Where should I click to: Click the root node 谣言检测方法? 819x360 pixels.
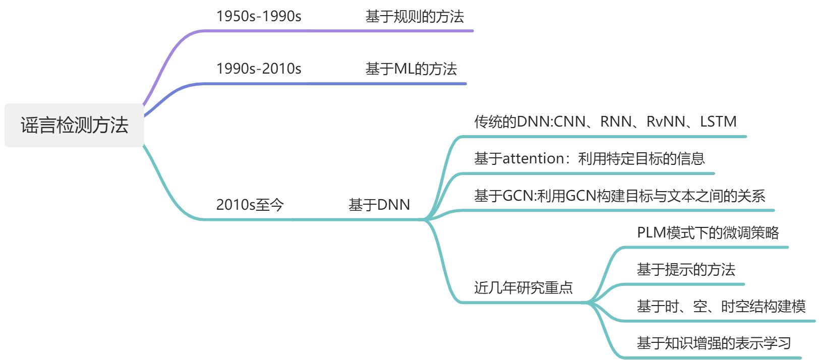click(x=74, y=125)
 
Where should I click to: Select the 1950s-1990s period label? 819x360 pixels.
click(x=259, y=16)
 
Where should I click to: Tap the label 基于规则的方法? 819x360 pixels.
click(x=415, y=17)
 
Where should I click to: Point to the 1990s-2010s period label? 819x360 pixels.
click(x=259, y=69)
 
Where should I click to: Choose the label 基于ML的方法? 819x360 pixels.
click(x=411, y=69)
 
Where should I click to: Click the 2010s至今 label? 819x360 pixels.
click(x=250, y=205)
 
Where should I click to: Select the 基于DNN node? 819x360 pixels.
click(x=379, y=205)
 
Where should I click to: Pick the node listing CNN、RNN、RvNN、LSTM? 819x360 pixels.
click(x=605, y=122)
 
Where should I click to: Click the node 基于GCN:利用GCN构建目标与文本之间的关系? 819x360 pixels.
click(x=619, y=196)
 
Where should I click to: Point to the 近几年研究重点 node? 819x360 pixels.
click(x=523, y=287)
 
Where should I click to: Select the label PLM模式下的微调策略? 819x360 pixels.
click(x=708, y=232)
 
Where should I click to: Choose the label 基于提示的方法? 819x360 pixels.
click(x=686, y=269)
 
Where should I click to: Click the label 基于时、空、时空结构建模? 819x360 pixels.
click(x=721, y=306)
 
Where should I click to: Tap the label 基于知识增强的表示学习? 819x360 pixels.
click(x=714, y=343)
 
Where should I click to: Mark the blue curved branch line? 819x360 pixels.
click(x=166, y=96)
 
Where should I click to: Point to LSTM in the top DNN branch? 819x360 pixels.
click(x=718, y=122)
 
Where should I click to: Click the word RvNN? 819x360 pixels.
click(x=666, y=122)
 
